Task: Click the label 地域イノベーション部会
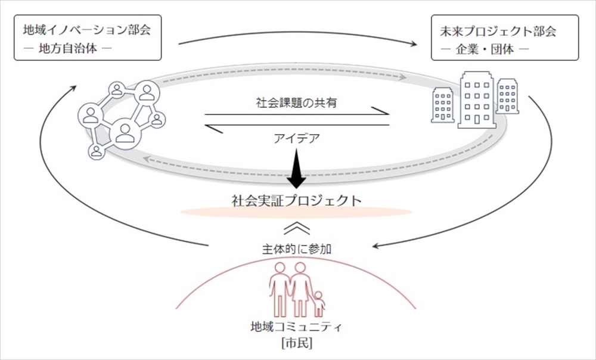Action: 86,30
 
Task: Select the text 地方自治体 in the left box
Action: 68,49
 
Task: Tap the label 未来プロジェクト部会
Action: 498,31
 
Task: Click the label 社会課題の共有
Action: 296,103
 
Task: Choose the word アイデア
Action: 296,138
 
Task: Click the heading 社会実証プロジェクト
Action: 296,200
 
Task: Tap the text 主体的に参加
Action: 296,249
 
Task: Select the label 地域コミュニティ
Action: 296,327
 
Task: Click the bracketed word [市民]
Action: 297,343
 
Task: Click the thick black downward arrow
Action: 296,168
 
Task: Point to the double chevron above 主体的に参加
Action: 296,228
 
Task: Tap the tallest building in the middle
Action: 477,100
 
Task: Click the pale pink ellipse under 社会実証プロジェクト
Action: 296,212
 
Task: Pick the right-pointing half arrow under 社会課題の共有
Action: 297,113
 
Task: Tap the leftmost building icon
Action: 443,105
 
